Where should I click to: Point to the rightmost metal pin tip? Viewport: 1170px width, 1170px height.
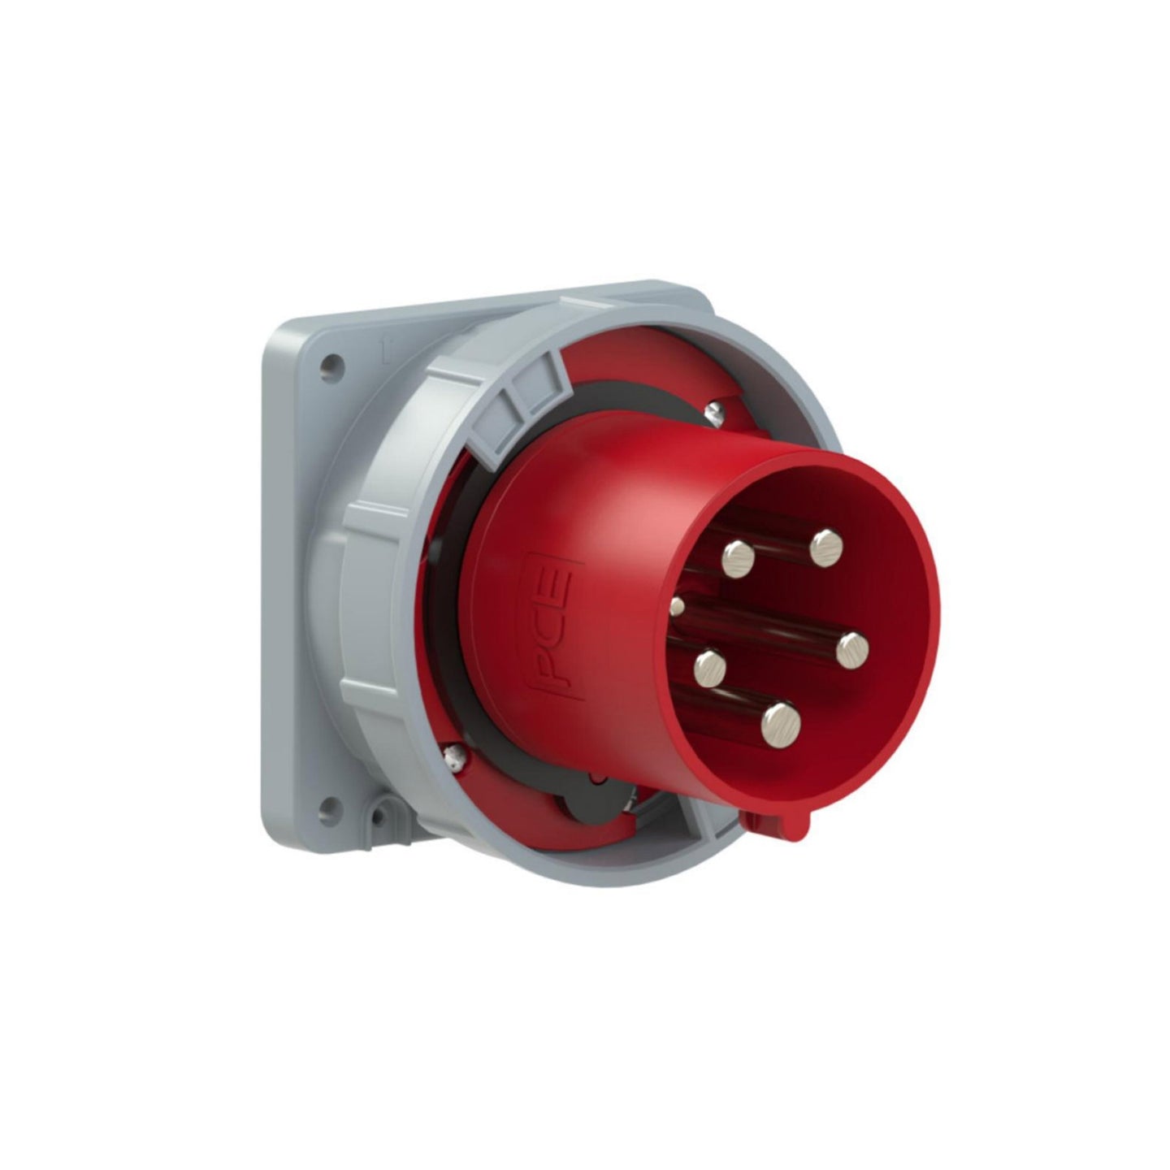click(851, 648)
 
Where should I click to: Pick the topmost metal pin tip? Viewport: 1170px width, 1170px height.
click(826, 545)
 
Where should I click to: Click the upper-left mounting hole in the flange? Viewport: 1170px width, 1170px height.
click(329, 363)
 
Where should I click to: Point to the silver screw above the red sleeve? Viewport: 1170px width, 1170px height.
click(714, 413)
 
